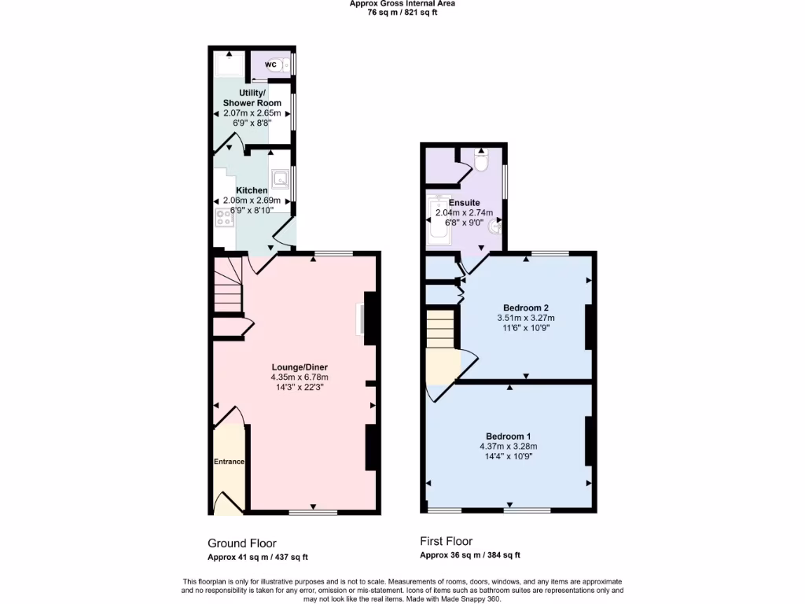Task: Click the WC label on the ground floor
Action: [x=270, y=64]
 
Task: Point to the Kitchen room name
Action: [x=252, y=190]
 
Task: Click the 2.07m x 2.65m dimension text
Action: [x=252, y=113]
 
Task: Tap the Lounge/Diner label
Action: [x=299, y=366]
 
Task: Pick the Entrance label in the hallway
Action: [x=229, y=462]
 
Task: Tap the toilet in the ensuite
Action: [x=481, y=161]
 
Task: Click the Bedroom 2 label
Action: [x=525, y=307]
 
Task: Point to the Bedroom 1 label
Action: [x=508, y=436]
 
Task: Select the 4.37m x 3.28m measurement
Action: [x=508, y=447]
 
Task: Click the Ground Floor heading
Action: [x=241, y=543]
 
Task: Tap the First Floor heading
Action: [x=446, y=541]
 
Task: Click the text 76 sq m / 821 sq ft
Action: [x=402, y=12]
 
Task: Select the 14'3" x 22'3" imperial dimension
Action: [x=299, y=387]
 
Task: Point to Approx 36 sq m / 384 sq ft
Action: [x=469, y=555]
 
